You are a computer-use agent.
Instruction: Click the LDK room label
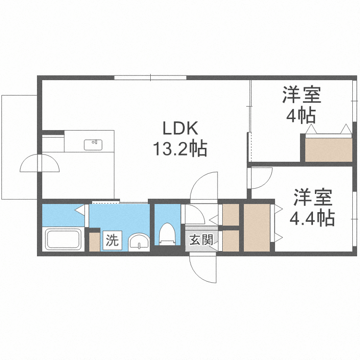point(180,128)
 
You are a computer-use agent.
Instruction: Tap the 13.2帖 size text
point(180,149)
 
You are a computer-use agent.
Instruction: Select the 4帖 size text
point(301,116)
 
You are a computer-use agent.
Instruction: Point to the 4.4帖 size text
point(312,219)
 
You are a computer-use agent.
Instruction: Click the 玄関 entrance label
point(201,240)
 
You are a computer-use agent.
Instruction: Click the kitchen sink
point(93,144)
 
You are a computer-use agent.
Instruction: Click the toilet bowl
point(167,234)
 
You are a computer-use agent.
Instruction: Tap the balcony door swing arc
point(40,164)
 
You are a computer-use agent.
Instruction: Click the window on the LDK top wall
point(150,78)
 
